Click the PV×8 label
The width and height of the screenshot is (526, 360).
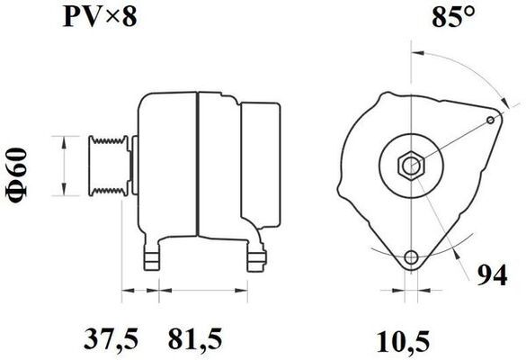click(x=100, y=17)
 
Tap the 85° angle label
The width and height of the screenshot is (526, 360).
click(x=453, y=17)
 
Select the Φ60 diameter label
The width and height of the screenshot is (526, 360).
click(x=16, y=175)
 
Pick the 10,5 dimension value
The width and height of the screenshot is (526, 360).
click(x=403, y=342)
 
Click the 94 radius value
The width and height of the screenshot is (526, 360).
click(x=492, y=275)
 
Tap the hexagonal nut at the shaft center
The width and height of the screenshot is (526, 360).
click(x=411, y=166)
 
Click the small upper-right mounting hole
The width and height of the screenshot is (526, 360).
click(x=490, y=121)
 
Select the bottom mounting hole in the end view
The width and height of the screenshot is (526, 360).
click(x=411, y=257)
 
